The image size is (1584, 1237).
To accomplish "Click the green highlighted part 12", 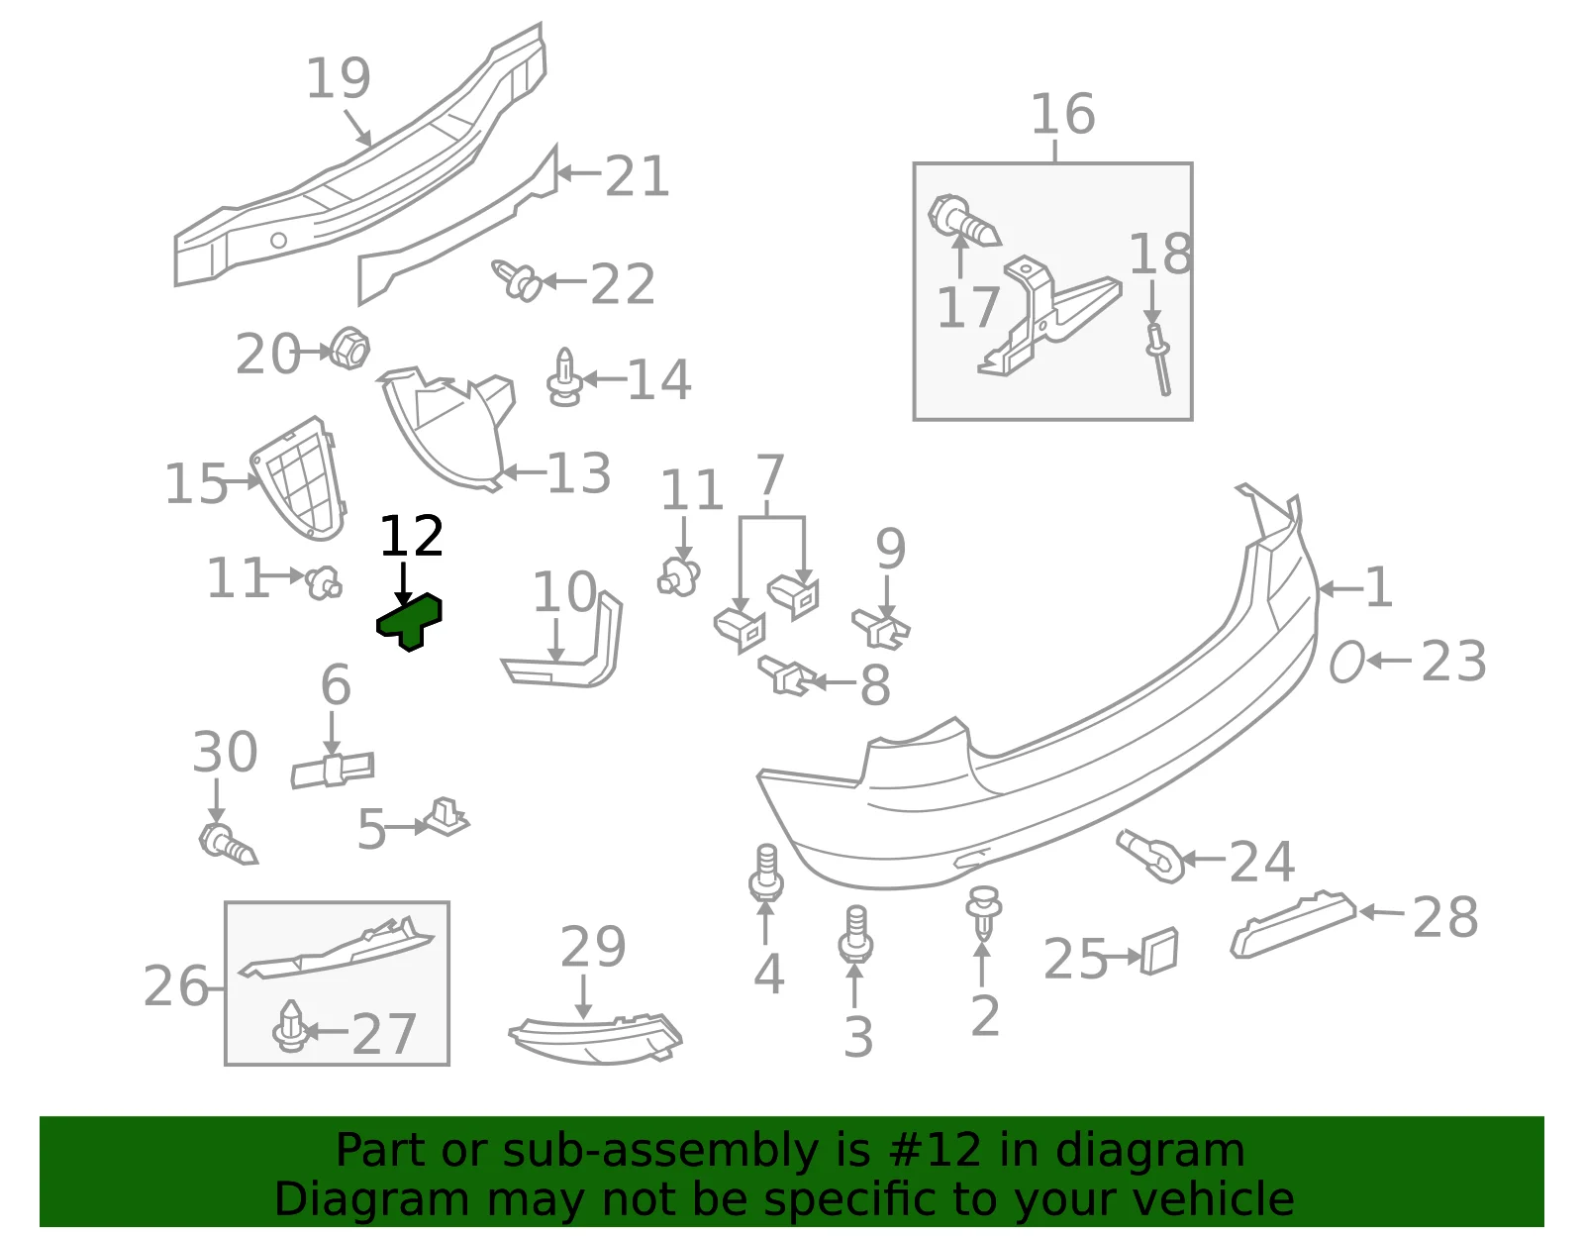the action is click(x=409, y=621).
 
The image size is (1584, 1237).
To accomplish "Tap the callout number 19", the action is click(x=339, y=78).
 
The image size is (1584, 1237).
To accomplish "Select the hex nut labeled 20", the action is click(x=349, y=349).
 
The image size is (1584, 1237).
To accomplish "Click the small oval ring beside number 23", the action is click(x=1345, y=662).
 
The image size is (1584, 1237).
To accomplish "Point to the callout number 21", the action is click(x=637, y=176).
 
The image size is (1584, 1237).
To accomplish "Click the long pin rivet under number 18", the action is click(x=1159, y=360).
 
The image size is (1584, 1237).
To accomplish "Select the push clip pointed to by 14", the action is click(x=564, y=377).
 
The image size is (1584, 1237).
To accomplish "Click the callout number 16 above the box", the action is click(x=1063, y=115).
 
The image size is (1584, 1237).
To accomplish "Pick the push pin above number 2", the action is click(x=983, y=912).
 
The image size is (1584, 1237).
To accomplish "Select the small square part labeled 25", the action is click(x=1159, y=951).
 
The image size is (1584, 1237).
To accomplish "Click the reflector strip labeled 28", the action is click(x=1293, y=924).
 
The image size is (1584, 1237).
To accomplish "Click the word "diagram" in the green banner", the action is click(x=1149, y=1150).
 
